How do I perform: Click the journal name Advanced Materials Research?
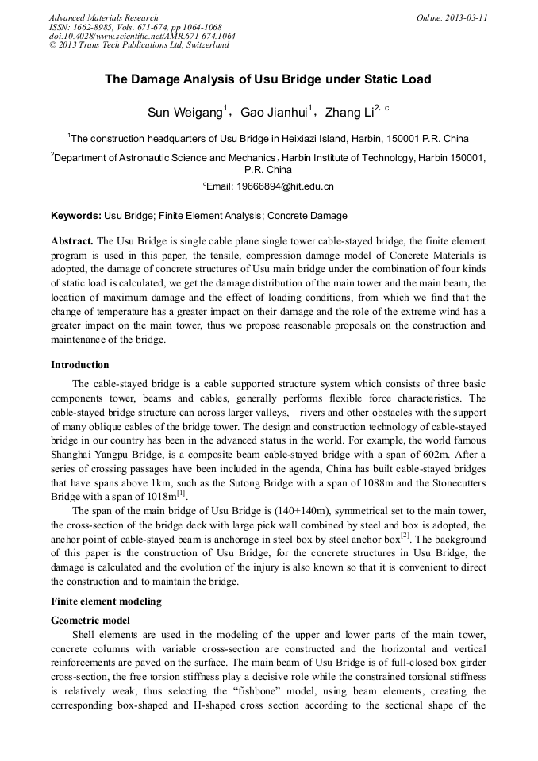[x=103, y=17]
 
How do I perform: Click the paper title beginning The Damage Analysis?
[x=268, y=80]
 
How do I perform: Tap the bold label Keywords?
[x=75, y=215]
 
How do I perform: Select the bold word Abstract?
[x=72, y=240]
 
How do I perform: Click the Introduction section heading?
[x=80, y=365]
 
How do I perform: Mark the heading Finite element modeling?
[x=106, y=601]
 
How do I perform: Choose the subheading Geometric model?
[x=90, y=620]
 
